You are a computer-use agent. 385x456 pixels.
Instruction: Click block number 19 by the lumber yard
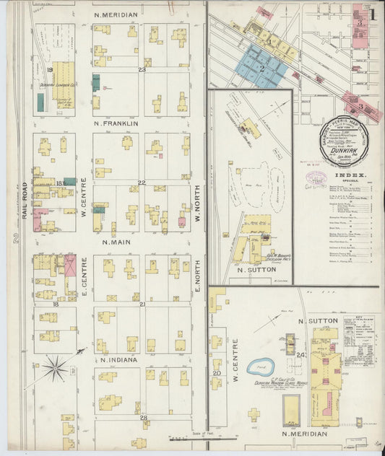click(49, 69)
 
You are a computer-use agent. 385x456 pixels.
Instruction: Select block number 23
click(142, 69)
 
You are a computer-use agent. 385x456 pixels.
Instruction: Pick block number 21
click(142, 304)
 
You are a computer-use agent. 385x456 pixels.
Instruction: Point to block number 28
click(143, 418)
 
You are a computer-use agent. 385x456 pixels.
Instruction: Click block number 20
click(216, 373)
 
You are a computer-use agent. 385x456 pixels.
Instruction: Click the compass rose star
click(54, 369)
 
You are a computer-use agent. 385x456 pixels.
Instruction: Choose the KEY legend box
click(361, 339)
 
